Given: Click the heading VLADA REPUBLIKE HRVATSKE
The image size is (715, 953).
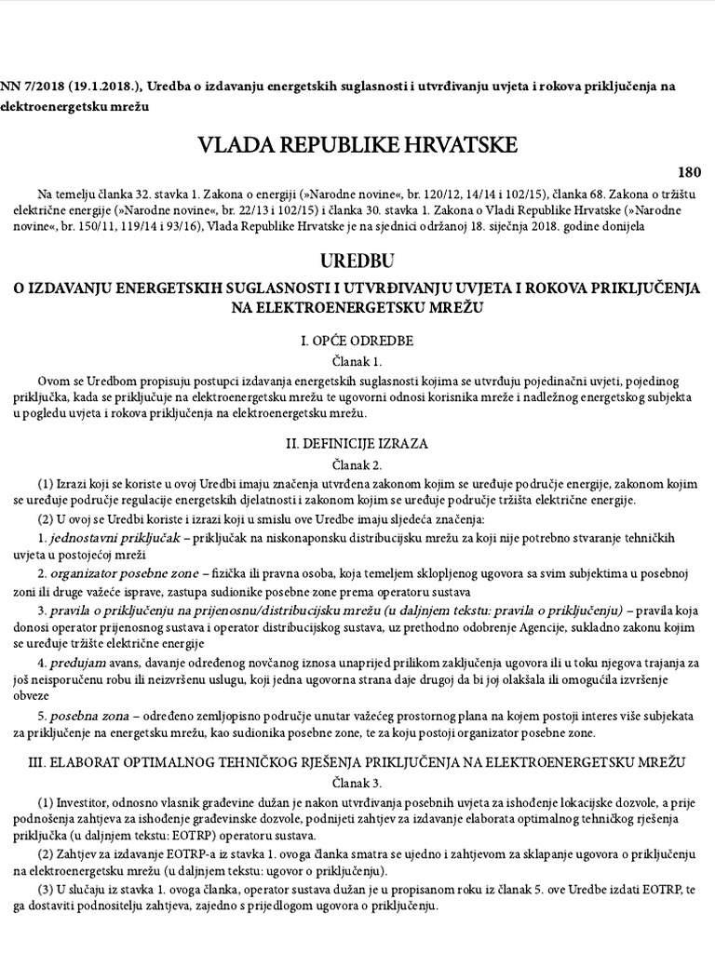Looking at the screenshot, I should tap(357, 145).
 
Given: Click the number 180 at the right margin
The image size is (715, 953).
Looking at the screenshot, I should tap(690, 172).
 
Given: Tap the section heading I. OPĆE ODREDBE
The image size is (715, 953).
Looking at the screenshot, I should tap(357, 341).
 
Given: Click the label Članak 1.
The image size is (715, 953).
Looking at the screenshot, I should tap(357, 361).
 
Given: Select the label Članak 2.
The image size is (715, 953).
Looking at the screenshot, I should tap(357, 463).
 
